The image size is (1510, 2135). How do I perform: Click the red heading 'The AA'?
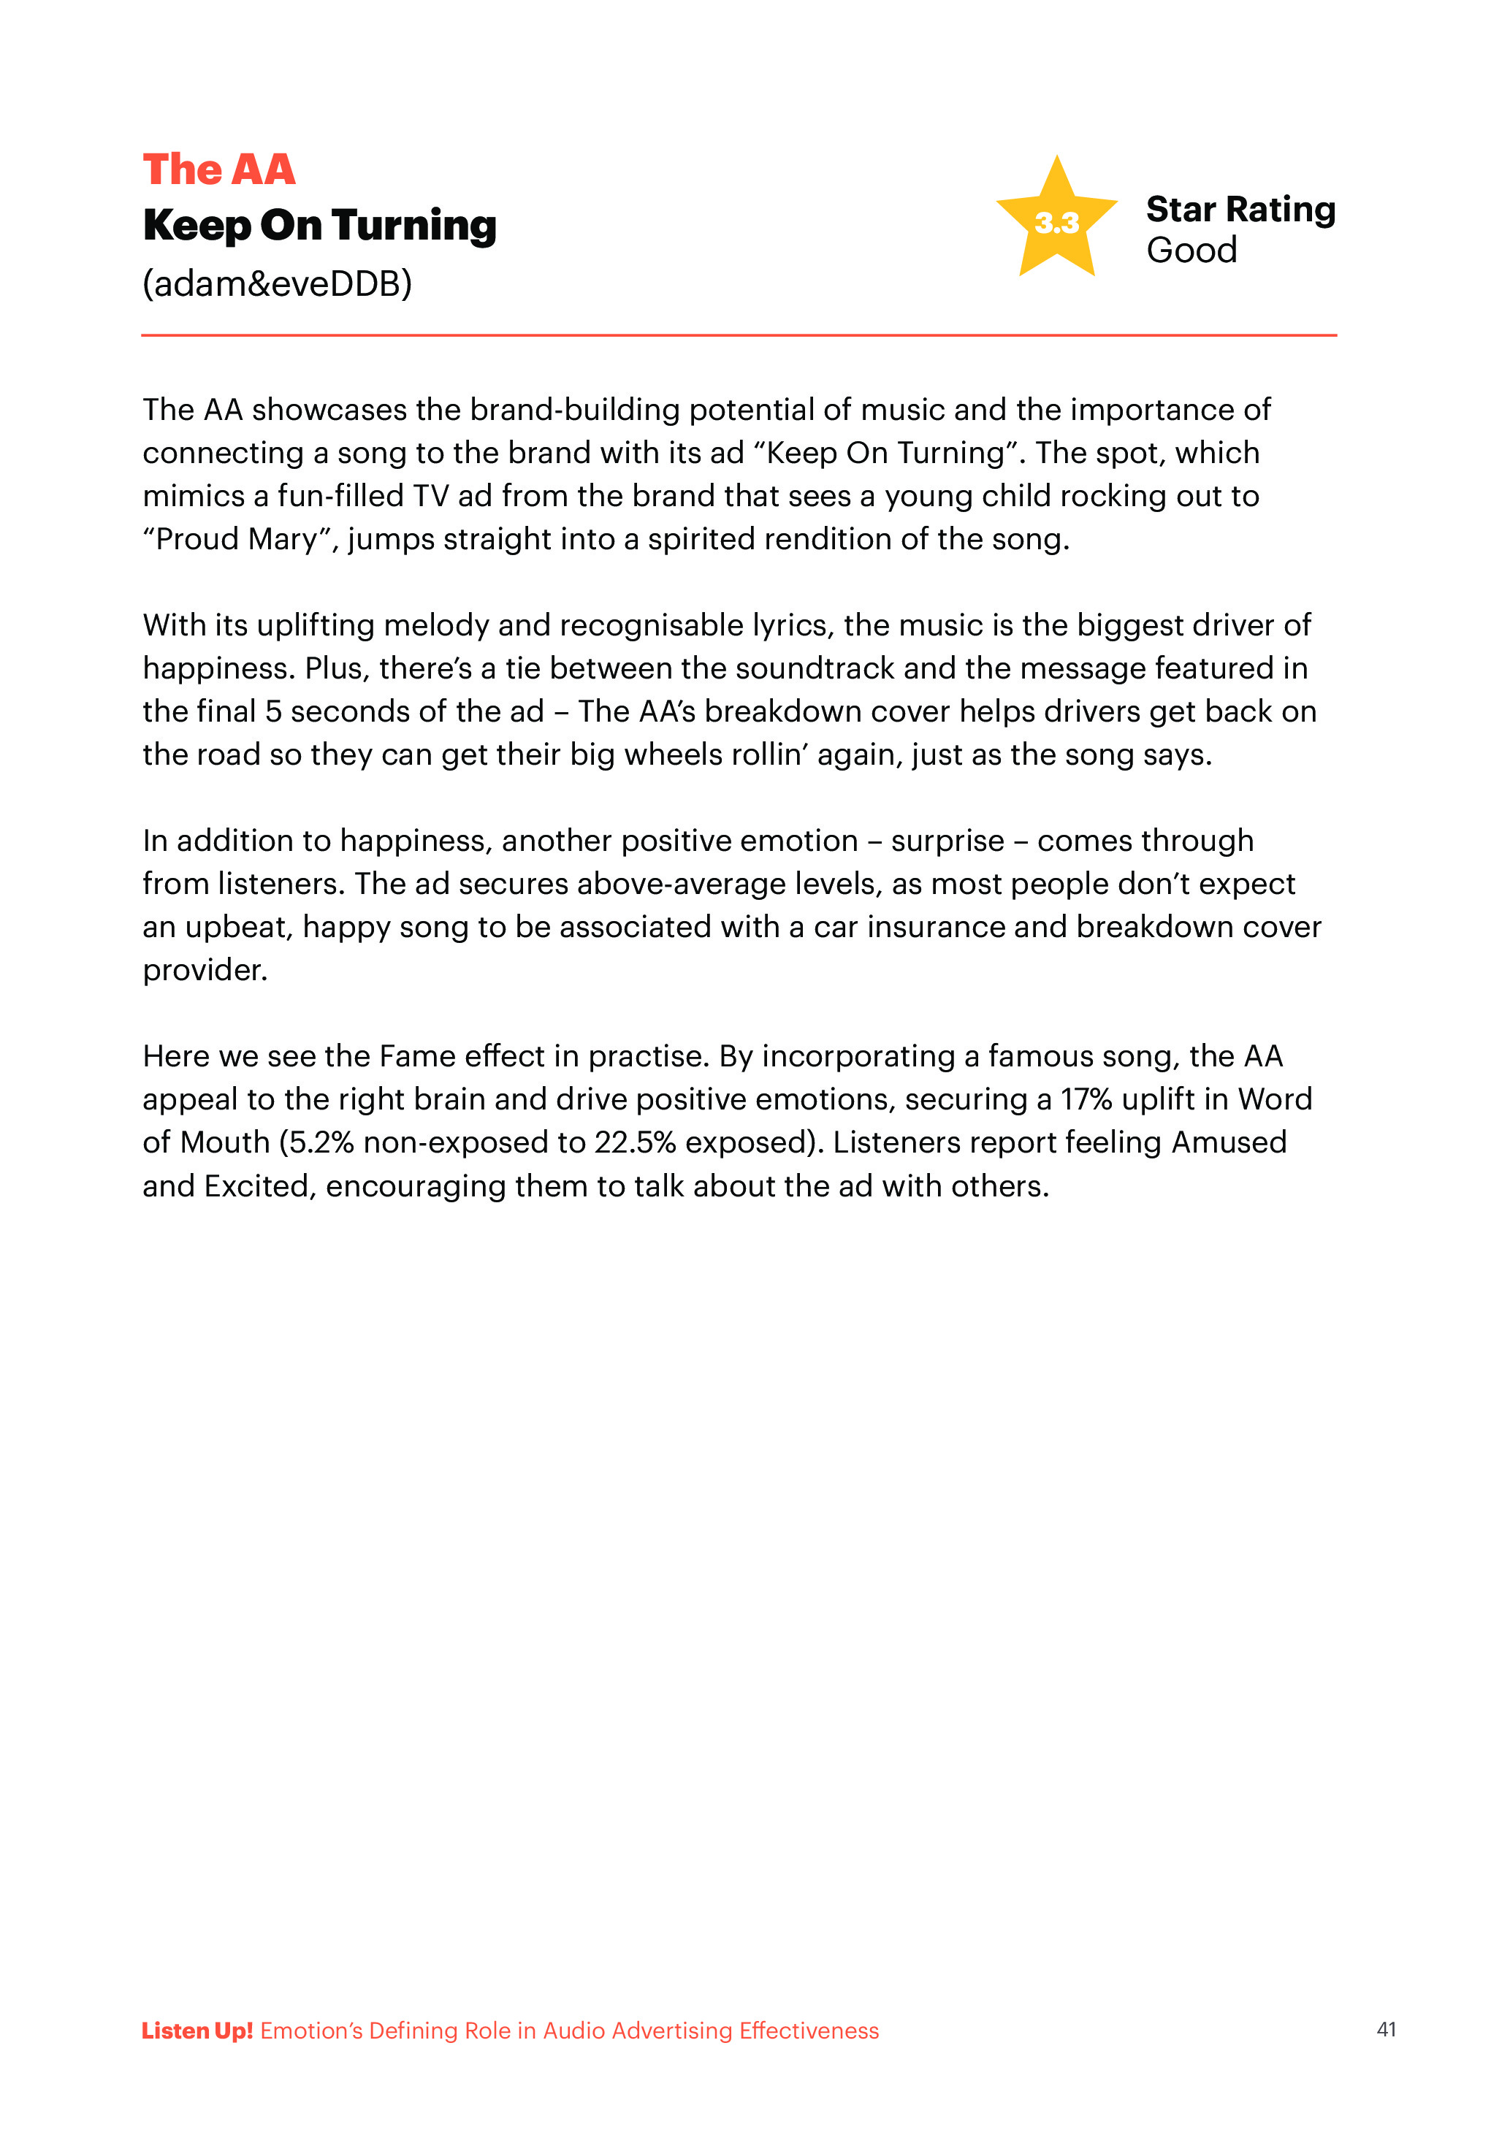click(x=218, y=170)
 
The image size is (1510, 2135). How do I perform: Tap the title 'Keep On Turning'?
click(x=319, y=226)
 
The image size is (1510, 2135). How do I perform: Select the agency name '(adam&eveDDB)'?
click(x=277, y=283)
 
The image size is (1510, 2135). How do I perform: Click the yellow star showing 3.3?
click(x=1056, y=221)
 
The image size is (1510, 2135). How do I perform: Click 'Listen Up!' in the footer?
click(x=197, y=2030)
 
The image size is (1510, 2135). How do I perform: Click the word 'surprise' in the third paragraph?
click(x=947, y=841)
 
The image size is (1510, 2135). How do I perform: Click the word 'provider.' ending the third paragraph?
click(x=205, y=970)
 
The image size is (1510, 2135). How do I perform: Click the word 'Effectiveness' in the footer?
click(x=808, y=2030)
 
